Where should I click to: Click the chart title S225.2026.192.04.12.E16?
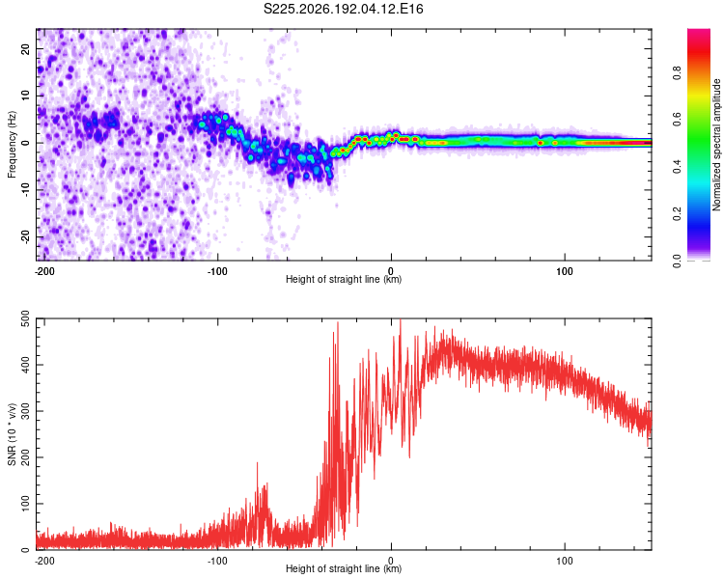343,9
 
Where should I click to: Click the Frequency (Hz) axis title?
12,145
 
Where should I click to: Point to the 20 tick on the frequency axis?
25,48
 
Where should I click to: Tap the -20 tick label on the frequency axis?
25,237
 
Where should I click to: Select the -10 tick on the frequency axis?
25,190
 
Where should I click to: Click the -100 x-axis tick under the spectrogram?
217,271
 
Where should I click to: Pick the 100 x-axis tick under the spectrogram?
565,271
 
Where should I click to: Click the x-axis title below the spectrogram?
344,279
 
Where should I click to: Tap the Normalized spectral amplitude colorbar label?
716,145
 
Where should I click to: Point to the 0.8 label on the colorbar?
677,73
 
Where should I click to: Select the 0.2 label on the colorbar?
677,214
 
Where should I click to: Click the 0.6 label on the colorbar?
677,120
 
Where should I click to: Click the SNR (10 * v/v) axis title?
12,434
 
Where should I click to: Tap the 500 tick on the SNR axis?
25,319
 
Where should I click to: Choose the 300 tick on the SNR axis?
25,411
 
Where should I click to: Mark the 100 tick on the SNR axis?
25,504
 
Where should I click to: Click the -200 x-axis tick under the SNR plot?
44,561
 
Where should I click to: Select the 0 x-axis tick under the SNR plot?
391,561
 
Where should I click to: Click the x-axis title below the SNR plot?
344,568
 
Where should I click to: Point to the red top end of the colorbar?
699,31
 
